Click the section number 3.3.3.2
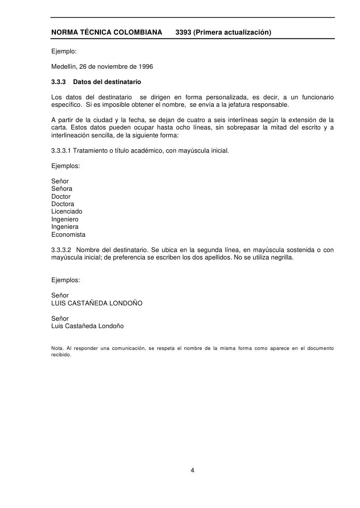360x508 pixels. coord(62,249)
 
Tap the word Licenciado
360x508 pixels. coord(67,212)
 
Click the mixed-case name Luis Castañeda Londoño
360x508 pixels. coord(88,327)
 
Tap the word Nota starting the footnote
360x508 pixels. coord(57,349)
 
